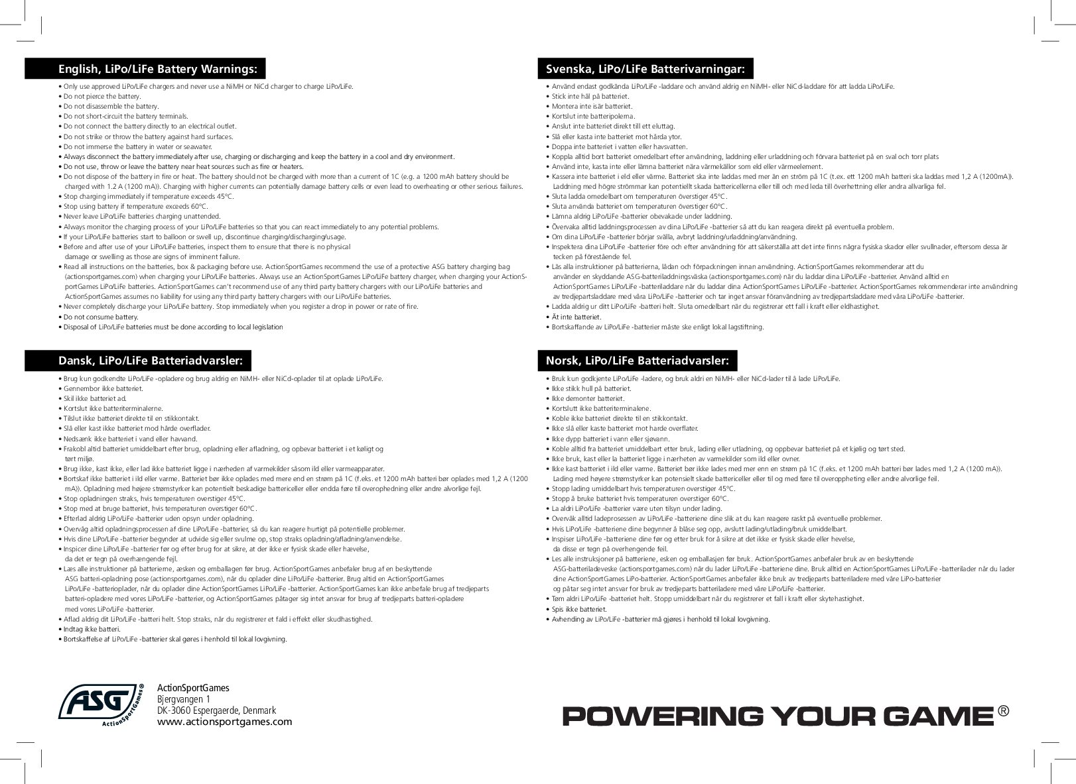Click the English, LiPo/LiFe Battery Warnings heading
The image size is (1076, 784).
157,69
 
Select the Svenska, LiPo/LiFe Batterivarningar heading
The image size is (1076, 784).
645,69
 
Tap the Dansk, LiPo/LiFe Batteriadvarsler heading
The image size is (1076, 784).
155,361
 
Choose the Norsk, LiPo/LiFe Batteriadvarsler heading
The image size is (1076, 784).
637,361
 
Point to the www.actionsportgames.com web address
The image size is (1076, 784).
224,722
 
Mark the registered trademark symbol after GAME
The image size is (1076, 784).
1003,710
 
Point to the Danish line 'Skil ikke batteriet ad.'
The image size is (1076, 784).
95,398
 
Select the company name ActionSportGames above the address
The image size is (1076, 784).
192,689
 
